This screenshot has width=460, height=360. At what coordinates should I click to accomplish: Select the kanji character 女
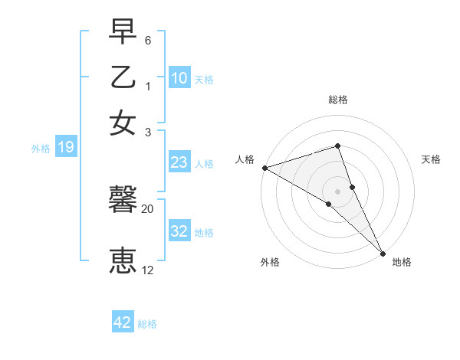(x=123, y=123)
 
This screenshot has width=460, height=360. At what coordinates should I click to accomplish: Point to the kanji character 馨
(x=123, y=200)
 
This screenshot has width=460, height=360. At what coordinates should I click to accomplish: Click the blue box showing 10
(x=179, y=77)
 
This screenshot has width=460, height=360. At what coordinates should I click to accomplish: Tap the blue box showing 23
(x=179, y=162)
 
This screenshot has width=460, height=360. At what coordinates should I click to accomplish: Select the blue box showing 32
(x=179, y=231)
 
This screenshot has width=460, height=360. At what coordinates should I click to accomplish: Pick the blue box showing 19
(x=65, y=147)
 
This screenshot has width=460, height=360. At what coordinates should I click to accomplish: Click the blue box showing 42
(x=123, y=322)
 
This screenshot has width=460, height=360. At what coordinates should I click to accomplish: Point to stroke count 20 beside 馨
(x=148, y=208)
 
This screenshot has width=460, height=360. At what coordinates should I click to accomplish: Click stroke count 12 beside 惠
(x=148, y=270)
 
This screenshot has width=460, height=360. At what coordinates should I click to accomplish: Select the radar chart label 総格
(x=338, y=100)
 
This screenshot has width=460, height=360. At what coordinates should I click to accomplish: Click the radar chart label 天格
(x=431, y=159)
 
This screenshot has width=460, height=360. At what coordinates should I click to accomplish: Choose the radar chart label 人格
(x=245, y=159)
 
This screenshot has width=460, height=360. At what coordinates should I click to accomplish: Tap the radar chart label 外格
(x=270, y=263)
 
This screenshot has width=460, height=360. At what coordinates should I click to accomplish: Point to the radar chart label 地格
(x=402, y=263)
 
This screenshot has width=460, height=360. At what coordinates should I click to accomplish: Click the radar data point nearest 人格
(x=264, y=168)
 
